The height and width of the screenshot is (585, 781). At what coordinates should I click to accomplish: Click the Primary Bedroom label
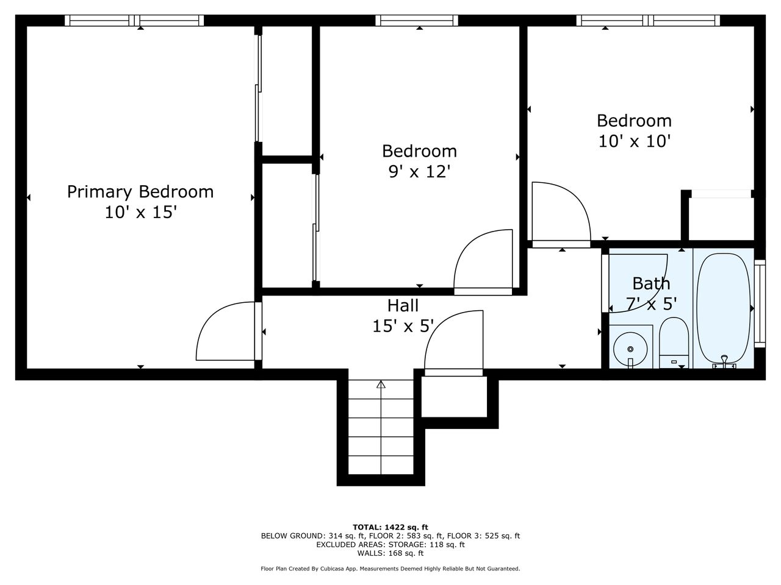[140, 192]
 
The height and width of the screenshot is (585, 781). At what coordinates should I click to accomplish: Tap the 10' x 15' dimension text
[141, 213]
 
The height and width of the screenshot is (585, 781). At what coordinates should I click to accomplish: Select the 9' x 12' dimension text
[420, 172]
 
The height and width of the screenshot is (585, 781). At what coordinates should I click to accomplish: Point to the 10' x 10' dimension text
[635, 141]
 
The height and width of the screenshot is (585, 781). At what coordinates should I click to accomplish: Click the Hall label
[403, 305]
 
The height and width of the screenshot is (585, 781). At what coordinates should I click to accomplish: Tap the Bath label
[651, 283]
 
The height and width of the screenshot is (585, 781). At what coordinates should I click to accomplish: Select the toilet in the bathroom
[674, 342]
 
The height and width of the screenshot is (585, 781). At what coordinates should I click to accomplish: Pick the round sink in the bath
[630, 350]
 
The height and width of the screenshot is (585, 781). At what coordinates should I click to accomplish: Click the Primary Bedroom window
[134, 20]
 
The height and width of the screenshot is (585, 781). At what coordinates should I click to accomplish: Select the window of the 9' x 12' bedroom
[417, 20]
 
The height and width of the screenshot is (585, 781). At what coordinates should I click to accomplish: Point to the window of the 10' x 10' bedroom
[648, 20]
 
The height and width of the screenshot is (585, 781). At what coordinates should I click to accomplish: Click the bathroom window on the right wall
[760, 303]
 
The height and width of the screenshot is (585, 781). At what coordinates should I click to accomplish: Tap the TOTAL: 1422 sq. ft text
[390, 527]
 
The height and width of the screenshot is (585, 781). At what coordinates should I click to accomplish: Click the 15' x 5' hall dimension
[403, 326]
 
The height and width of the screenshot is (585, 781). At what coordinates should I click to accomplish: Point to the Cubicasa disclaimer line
[390, 569]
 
